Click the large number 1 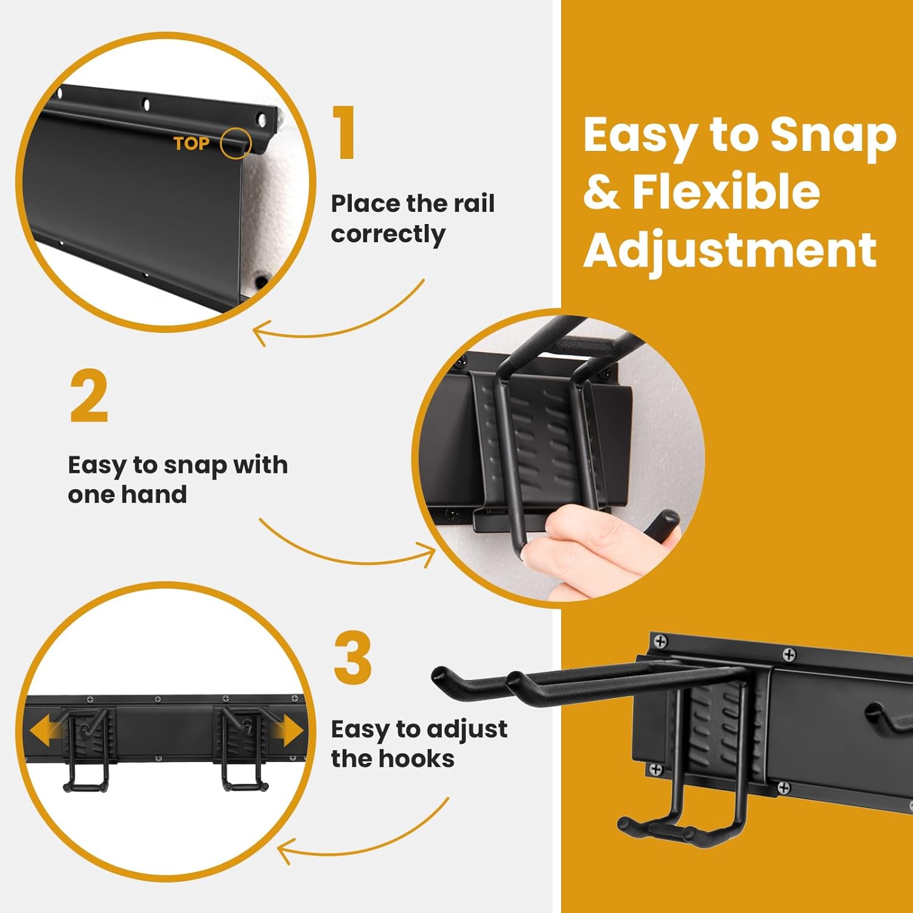pyautogui.click(x=345, y=133)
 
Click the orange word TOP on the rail pyautogui.click(x=191, y=144)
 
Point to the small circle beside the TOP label pyautogui.click(x=236, y=144)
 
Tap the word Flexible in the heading pyautogui.click(x=726, y=192)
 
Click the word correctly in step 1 pyautogui.click(x=388, y=234)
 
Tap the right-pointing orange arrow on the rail pyautogui.click(x=290, y=730)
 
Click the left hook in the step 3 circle pyautogui.click(x=87, y=752)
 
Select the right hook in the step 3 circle pyautogui.click(x=243, y=752)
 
